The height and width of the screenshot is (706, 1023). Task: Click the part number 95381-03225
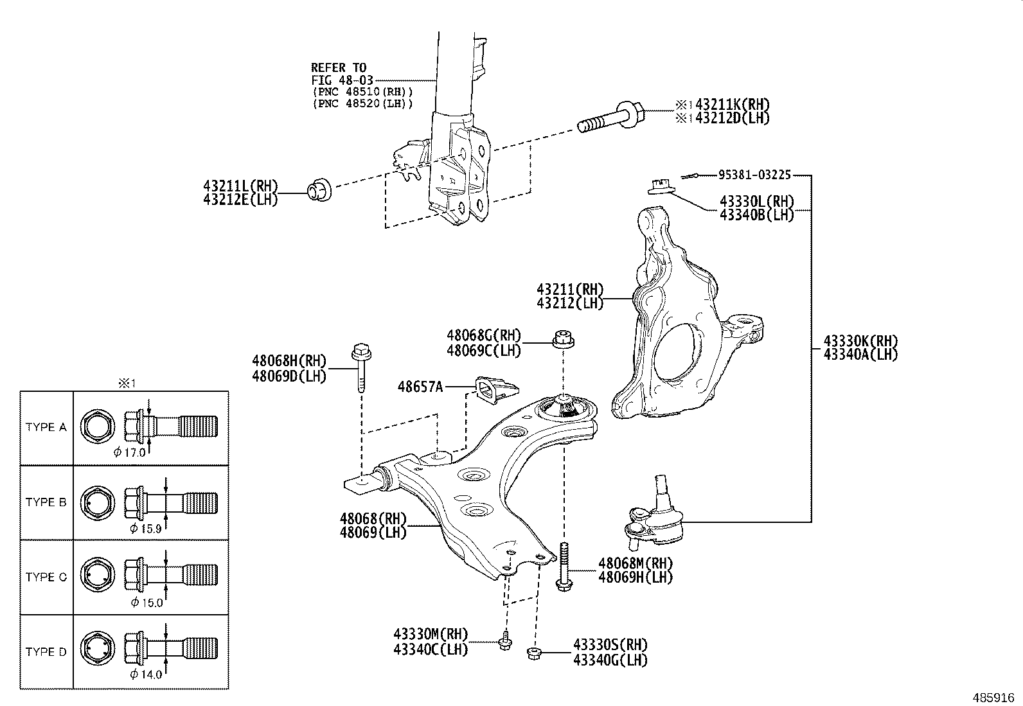click(x=754, y=174)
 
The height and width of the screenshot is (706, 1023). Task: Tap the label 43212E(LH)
click(x=240, y=199)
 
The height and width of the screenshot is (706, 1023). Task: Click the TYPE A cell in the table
click(x=46, y=427)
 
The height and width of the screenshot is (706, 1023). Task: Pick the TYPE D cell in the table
click(x=46, y=651)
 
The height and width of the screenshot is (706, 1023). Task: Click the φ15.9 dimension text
click(x=146, y=528)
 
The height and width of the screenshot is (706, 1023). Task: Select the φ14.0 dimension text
click(x=146, y=674)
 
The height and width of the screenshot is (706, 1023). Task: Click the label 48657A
click(x=420, y=387)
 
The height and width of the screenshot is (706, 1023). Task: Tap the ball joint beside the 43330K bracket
click(x=655, y=514)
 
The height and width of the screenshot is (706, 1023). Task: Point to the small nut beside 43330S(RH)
click(x=533, y=653)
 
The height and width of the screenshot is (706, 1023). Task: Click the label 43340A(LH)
click(x=860, y=354)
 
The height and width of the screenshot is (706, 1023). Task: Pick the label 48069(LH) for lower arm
click(x=373, y=532)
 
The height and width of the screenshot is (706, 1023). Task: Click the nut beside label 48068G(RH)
click(x=563, y=339)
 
